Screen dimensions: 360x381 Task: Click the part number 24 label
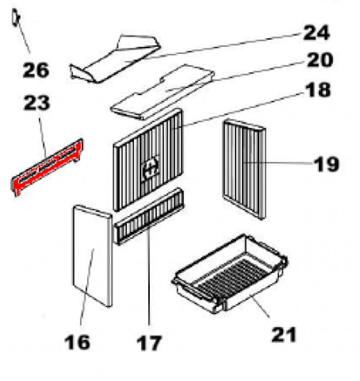pyautogui.click(x=316, y=32)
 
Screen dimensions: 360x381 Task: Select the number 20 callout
pyautogui.click(x=320, y=60)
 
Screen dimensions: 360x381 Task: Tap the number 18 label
pyautogui.click(x=318, y=90)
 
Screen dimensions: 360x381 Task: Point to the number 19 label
pyautogui.click(x=326, y=164)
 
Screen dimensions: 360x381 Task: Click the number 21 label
pyautogui.click(x=284, y=335)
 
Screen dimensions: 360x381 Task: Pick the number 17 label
pyautogui.click(x=149, y=343)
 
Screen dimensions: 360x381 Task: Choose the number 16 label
pyautogui.click(x=77, y=342)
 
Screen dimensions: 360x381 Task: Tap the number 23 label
pyautogui.click(x=37, y=103)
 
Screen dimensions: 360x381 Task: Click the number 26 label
pyautogui.click(x=36, y=70)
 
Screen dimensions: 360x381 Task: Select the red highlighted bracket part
pyautogui.click(x=47, y=167)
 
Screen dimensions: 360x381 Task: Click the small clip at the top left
pyautogui.click(x=16, y=17)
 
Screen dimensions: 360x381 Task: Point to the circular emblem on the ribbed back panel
pyautogui.click(x=151, y=168)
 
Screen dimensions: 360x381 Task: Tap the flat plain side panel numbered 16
pyautogui.click(x=92, y=256)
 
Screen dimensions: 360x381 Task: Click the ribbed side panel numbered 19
pyautogui.click(x=244, y=169)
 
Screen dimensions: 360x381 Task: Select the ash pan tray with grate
pyautogui.click(x=230, y=274)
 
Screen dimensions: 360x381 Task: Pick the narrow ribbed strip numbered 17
pyautogui.click(x=149, y=216)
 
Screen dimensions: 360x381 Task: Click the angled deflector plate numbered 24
pyautogui.click(x=115, y=59)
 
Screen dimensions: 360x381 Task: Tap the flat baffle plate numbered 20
pyautogui.click(x=162, y=92)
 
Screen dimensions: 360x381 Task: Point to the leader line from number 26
pyautogui.click(x=24, y=37)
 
